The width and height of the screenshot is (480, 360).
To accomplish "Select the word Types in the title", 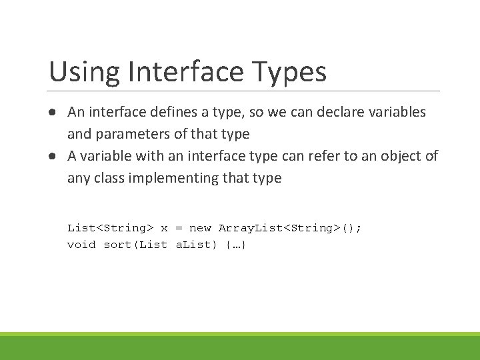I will tap(294, 72).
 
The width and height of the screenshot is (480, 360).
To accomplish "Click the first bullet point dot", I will tap(51, 112).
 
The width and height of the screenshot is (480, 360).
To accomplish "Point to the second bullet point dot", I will tap(51, 156).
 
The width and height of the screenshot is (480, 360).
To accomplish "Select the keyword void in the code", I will tap(82, 245).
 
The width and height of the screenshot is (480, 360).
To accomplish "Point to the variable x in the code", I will tap(164, 228).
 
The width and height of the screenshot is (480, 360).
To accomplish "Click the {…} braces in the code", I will tap(237, 245).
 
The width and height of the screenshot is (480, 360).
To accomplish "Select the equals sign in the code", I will tap(179, 228).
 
